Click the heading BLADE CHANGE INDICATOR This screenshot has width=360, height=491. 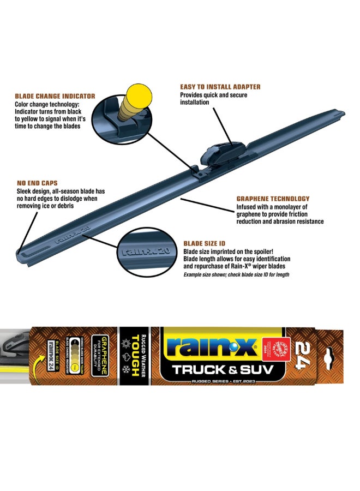tap(55, 96)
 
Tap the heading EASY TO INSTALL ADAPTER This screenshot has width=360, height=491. tap(220, 87)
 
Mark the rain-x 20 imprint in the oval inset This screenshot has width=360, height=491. tap(145, 251)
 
